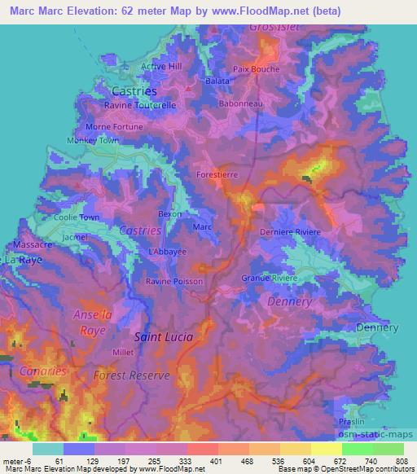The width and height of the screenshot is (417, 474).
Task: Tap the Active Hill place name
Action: tap(161, 66)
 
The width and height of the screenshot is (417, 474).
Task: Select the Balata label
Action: tap(217, 81)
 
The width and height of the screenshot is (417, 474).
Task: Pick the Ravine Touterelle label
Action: tap(140, 106)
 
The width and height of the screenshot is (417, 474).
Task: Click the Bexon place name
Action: tap(169, 213)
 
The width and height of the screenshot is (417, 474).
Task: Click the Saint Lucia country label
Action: tap(163, 336)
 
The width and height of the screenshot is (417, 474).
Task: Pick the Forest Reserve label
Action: tap(131, 375)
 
